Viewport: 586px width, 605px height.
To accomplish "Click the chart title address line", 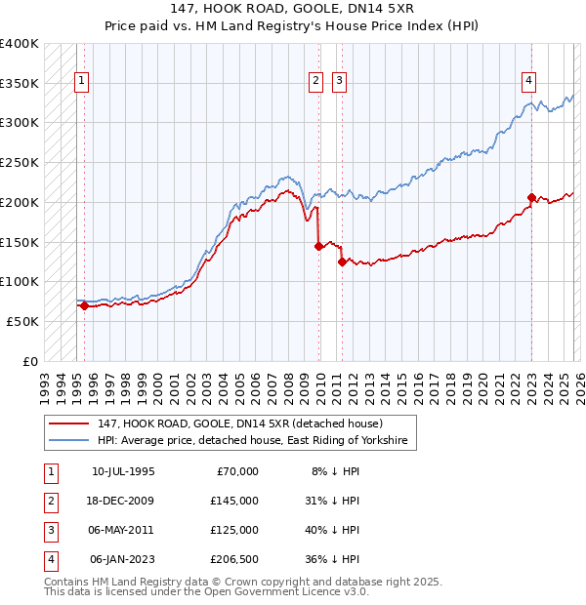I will [x=292, y=9].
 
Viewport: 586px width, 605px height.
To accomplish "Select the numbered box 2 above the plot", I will [x=316, y=81].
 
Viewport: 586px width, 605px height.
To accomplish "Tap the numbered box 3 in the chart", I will [x=339, y=81].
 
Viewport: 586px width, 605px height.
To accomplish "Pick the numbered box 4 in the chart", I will [x=527, y=81].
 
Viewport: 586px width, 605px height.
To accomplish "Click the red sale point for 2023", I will [x=531, y=197].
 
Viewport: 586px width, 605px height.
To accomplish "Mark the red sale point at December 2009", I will [x=319, y=246].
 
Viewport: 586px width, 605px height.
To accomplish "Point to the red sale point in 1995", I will [x=84, y=305].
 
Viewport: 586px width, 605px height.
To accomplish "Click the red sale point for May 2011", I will [x=342, y=262].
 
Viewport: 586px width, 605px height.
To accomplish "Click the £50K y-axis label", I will [x=23, y=321].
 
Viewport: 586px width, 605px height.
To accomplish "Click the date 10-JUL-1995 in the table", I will [x=123, y=471].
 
